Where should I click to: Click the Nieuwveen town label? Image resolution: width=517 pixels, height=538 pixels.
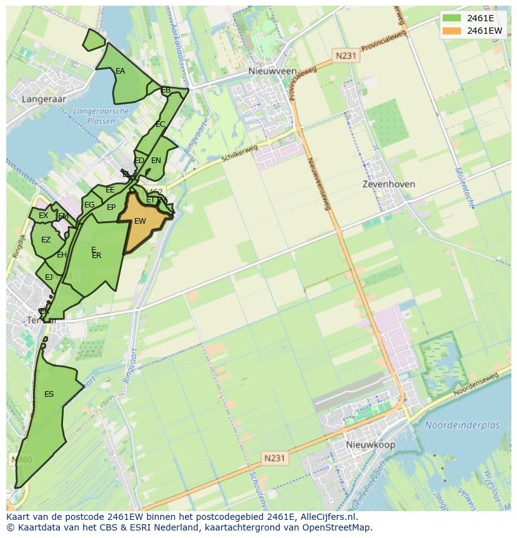273,71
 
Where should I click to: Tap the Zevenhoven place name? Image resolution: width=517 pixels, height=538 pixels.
389,185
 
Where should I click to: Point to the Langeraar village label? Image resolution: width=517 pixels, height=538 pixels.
43,99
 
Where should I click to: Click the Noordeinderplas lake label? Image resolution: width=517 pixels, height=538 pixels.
463,426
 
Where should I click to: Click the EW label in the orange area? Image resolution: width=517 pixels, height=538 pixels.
140,221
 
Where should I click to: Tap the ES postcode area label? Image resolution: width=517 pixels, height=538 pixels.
49,394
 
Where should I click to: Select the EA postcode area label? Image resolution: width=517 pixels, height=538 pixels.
120,71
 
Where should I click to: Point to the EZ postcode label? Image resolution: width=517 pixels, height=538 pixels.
46,240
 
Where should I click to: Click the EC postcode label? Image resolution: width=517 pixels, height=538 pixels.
160,124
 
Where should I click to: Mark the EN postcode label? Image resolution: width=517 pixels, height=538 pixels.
156,161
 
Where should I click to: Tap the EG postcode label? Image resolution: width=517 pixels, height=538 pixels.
89,205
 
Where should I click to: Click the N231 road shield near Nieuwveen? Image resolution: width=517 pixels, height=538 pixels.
345,56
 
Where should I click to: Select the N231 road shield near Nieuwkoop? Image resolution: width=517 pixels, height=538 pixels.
274,458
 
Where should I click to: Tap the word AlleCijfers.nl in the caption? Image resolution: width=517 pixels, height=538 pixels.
327,517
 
